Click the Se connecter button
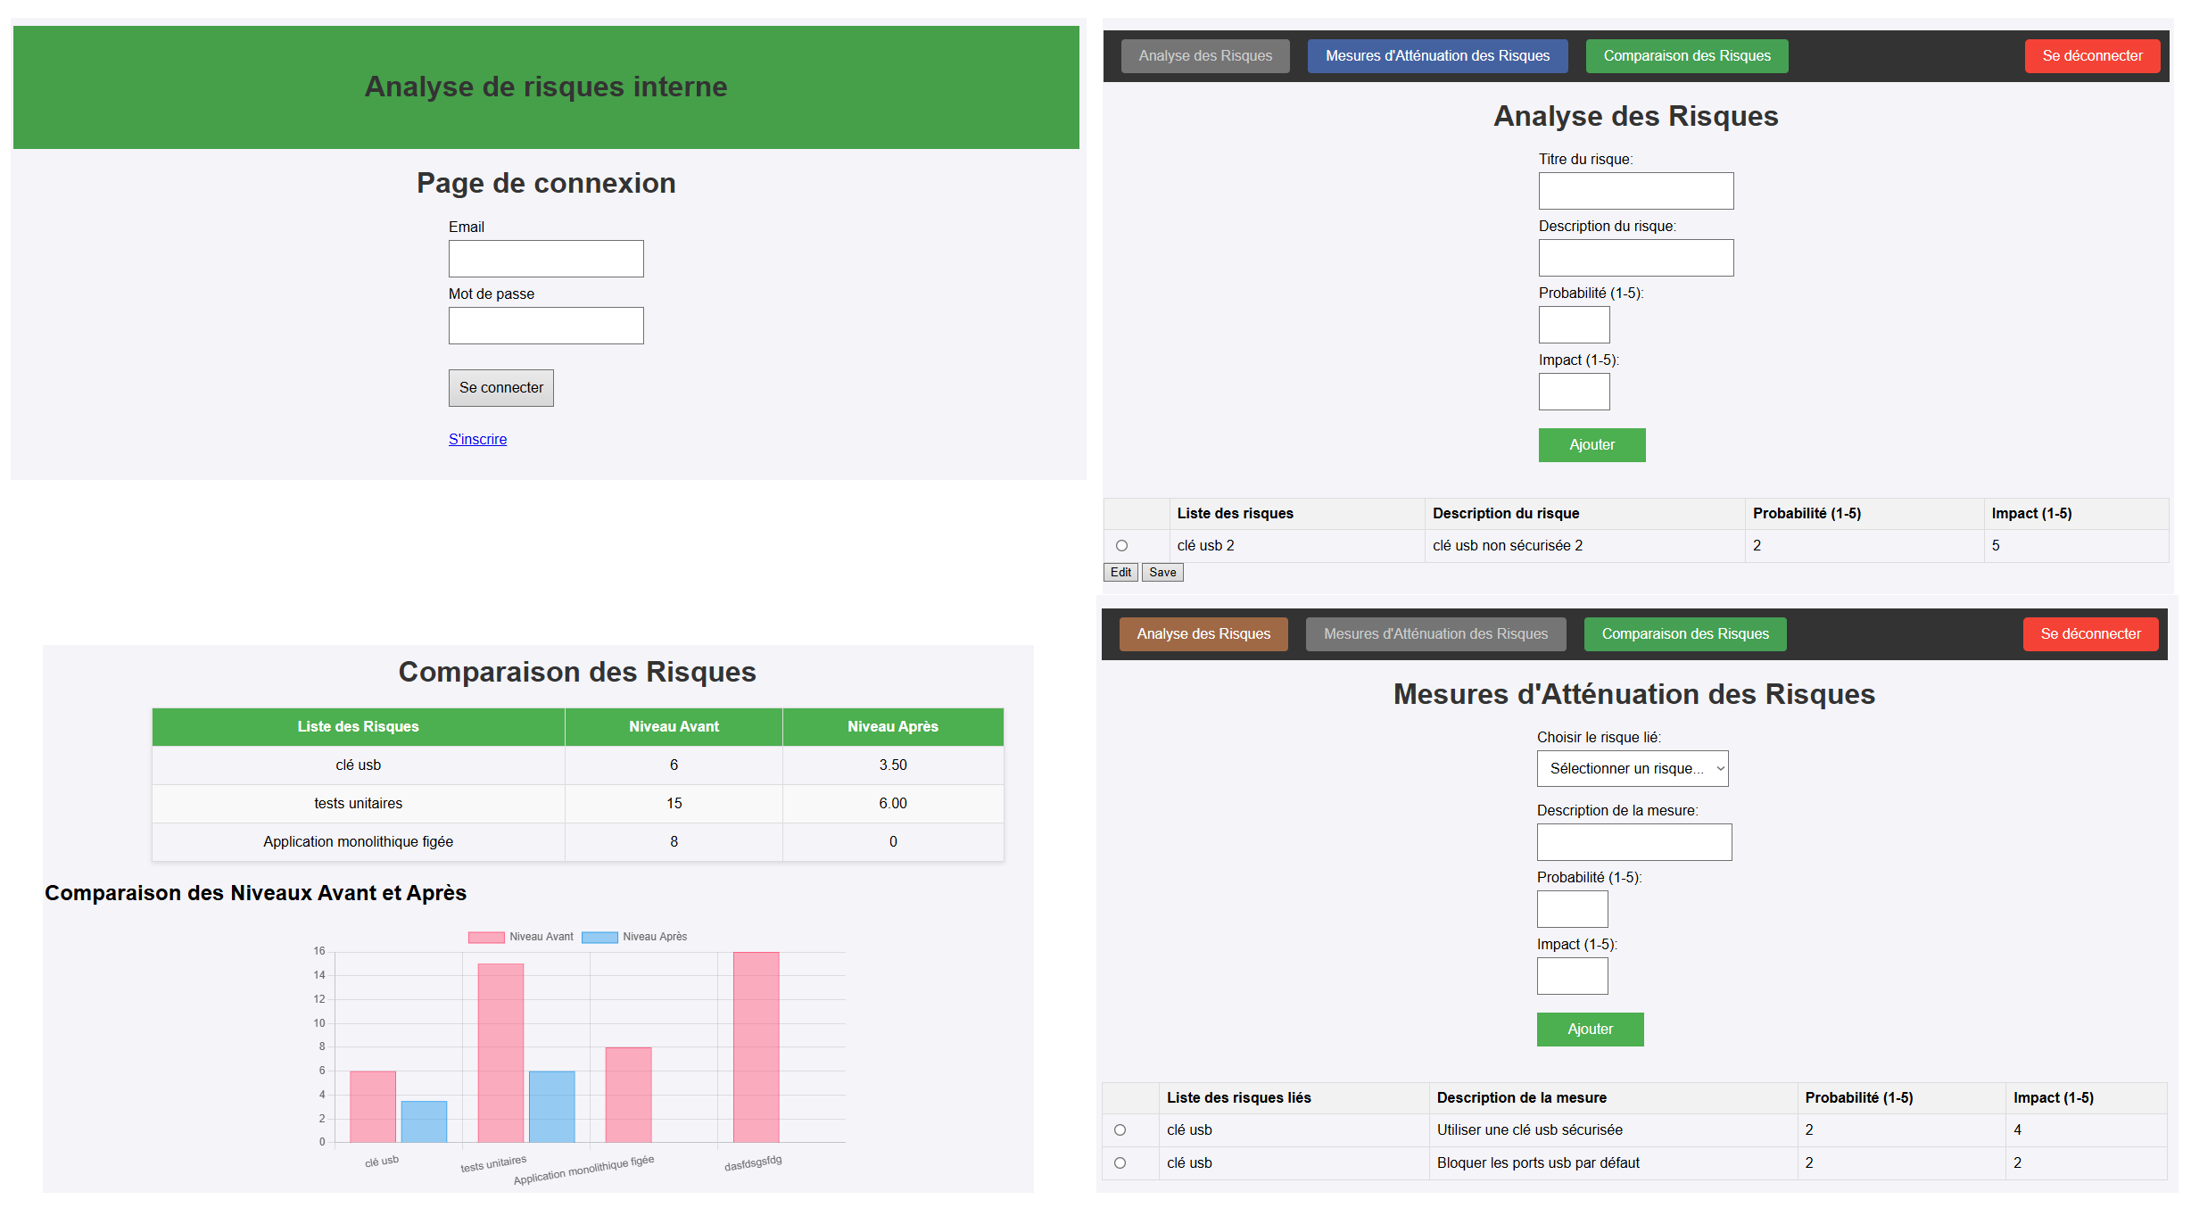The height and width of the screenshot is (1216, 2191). tap(500, 388)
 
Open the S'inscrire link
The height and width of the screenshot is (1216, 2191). tap(477, 439)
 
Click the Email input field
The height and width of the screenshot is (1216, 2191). tap(545, 259)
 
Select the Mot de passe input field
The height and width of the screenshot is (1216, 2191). tap(545, 326)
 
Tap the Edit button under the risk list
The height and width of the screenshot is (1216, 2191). tap(1120, 573)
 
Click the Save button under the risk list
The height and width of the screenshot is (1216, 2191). tap(1162, 573)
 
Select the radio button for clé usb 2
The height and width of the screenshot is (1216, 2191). tap(1121, 546)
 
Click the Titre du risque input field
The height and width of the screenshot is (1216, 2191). tap(1635, 191)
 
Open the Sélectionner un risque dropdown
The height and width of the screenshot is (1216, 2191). tap(1632, 768)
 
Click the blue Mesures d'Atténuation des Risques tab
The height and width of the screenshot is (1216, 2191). tap(1437, 56)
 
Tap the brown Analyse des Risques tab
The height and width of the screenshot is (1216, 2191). tap(1203, 634)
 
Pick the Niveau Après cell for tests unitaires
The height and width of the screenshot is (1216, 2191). tap(892, 803)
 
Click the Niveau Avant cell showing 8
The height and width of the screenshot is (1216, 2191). tap(674, 841)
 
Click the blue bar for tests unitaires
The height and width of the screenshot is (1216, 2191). tap(551, 1106)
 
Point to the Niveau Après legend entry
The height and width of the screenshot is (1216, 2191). tap(635, 937)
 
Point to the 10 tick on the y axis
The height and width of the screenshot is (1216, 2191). tap(319, 1023)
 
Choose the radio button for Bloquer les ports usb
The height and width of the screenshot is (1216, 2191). tap(1120, 1163)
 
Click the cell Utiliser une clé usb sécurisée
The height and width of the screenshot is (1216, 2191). tap(1529, 1130)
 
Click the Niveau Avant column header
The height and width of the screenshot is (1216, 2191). tap(674, 727)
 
